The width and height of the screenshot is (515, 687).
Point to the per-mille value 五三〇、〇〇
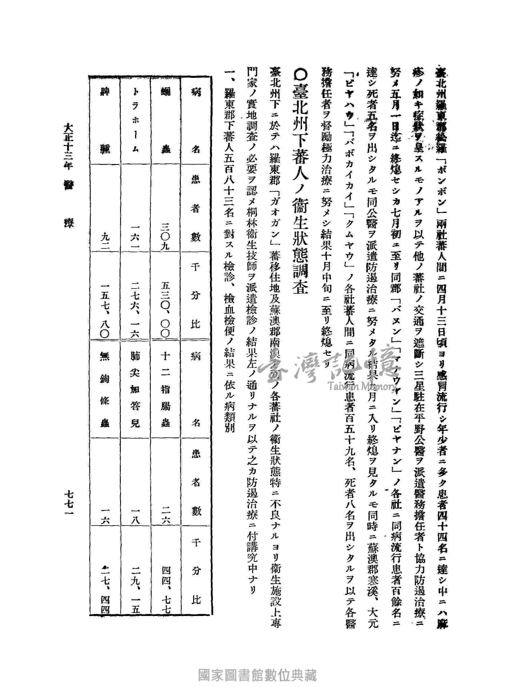click(165, 309)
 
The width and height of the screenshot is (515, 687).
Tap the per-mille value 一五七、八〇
click(105, 309)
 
